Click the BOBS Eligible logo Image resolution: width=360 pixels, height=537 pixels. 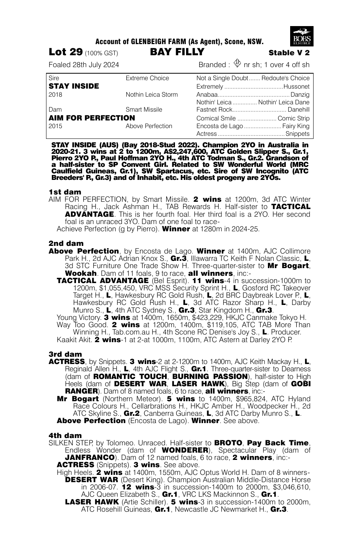click(302, 36)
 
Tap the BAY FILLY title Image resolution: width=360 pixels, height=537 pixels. click(177, 52)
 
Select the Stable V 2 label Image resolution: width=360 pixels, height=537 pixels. click(289, 53)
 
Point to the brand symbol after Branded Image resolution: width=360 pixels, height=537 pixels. click(237, 64)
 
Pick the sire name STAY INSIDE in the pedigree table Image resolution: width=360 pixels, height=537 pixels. click(74, 86)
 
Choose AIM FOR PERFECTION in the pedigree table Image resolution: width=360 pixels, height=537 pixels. click(92, 118)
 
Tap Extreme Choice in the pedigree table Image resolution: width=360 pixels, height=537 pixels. click(147, 78)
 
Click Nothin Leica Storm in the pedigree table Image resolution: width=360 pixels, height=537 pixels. click(152, 94)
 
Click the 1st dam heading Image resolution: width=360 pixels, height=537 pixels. click(65, 192)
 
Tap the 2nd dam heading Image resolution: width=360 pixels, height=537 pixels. click(66, 244)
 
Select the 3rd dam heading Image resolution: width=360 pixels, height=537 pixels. click(65, 354)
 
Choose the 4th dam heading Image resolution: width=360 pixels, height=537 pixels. click(65, 435)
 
